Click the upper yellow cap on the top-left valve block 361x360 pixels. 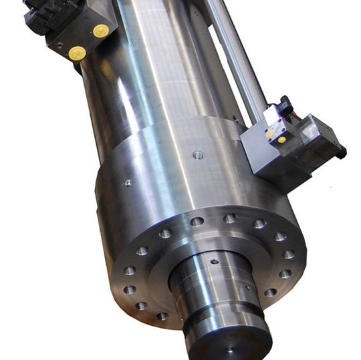tap(101, 30)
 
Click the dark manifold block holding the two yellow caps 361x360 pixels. tap(80, 37)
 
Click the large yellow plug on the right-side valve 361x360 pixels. tap(281, 140)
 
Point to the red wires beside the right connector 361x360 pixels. tap(296, 112)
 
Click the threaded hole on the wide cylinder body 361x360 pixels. tap(197, 155)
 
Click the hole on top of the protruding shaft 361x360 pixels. tap(214, 262)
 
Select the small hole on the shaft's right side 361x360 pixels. tap(247, 289)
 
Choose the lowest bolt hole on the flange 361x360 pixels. tap(162, 316)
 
